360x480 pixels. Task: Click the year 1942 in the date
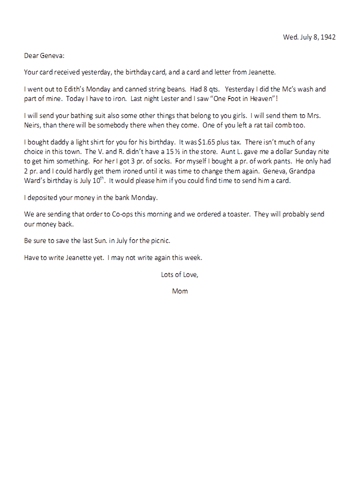[328, 37]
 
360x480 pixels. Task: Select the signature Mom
[179, 291]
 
